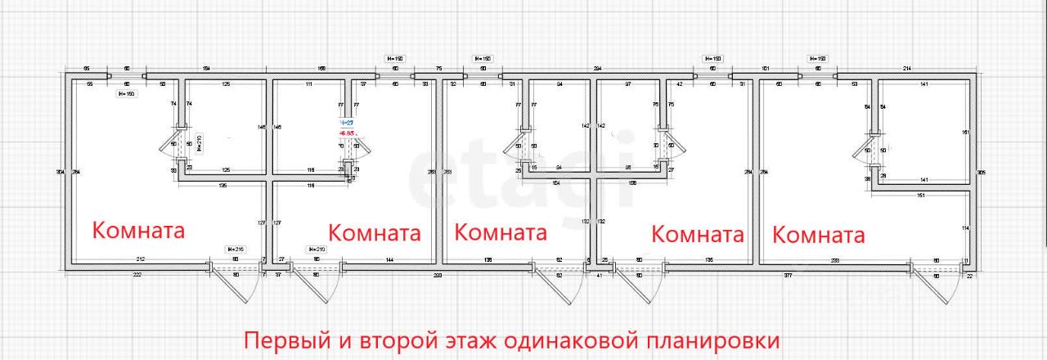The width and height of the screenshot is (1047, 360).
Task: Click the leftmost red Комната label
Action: (x=137, y=230)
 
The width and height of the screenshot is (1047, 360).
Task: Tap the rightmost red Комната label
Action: (x=819, y=235)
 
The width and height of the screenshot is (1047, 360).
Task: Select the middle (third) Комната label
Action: (x=501, y=232)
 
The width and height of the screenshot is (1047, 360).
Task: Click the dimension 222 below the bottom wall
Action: (x=137, y=274)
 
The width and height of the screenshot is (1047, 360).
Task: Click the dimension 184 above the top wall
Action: (x=206, y=69)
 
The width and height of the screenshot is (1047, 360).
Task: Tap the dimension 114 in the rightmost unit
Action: (x=967, y=227)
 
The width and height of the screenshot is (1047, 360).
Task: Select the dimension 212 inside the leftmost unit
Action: (x=141, y=259)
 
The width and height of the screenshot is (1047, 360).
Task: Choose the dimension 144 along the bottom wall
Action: (x=389, y=259)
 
